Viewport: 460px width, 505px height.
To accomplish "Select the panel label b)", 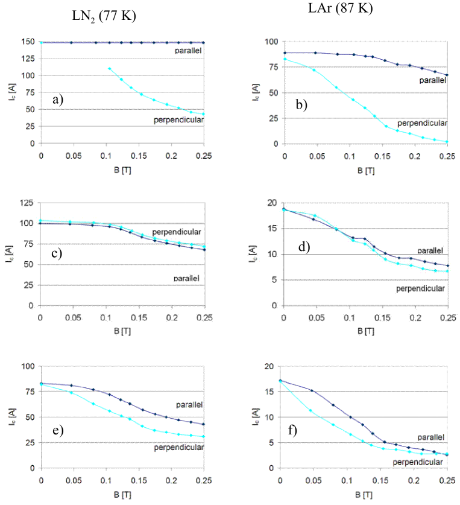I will point(301,104).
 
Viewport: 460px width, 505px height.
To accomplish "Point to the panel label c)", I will point(58,253).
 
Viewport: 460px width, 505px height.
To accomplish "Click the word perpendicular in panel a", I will point(178,120).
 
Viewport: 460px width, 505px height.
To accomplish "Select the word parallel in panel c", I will point(188,278).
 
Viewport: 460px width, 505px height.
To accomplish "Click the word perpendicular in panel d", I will point(420,288).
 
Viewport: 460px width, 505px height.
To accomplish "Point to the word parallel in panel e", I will point(189,404).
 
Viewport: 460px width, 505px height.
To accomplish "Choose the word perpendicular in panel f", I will point(418,462).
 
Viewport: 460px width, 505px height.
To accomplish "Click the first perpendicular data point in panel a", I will point(109,69).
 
